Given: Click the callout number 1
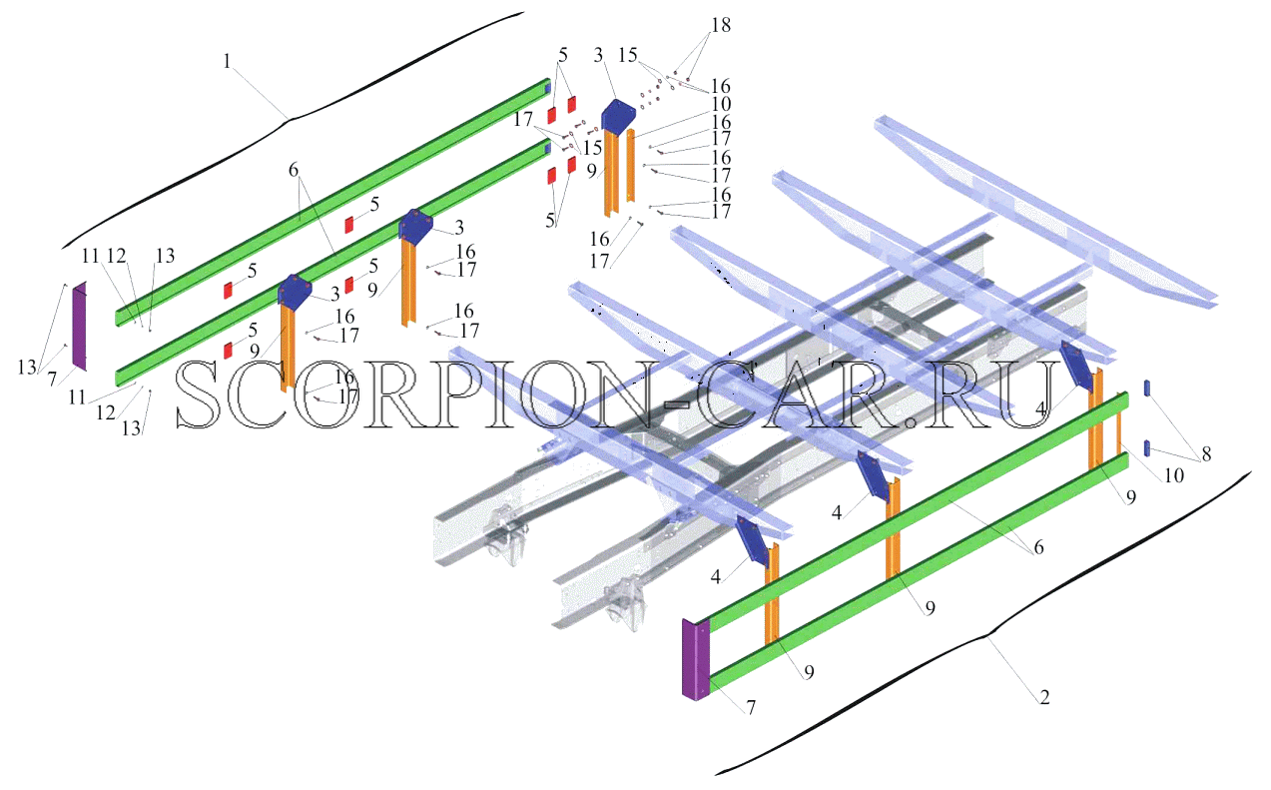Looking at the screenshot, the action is [x=227, y=61].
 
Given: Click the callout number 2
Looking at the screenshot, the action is [x=1044, y=696].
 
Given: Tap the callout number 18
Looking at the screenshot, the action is [x=721, y=25].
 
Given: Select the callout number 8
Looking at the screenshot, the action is [x=1206, y=453].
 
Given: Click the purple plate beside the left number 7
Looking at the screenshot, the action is [x=80, y=327].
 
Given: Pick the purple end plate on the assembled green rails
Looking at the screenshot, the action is [x=696, y=659].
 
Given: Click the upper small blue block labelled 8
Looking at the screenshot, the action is [x=1147, y=389].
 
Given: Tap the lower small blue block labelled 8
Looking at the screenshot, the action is [x=1147, y=447].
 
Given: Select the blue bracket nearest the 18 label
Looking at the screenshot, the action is [x=618, y=115].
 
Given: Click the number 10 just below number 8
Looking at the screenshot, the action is [x=1173, y=475].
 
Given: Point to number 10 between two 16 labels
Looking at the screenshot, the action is [x=721, y=104].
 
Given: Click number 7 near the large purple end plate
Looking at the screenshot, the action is [x=751, y=707].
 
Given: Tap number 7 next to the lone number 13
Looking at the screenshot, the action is [x=52, y=379].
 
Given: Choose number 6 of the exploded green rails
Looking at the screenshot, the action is [x=293, y=169].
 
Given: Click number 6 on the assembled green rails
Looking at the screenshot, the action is [x=1038, y=547].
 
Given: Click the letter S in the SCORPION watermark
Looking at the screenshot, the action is [x=197, y=394].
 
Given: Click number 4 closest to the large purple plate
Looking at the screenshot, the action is [x=716, y=576].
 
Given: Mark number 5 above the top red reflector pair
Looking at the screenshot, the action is [x=562, y=55].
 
